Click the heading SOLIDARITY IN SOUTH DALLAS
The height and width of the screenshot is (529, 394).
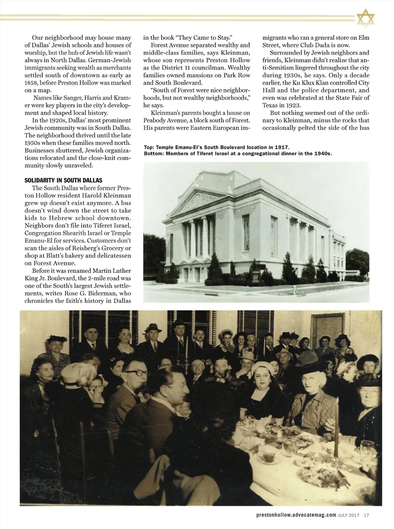pos(63,180)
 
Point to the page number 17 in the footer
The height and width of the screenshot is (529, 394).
pos(366,516)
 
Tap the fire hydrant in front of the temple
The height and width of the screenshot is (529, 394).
pos(294,288)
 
